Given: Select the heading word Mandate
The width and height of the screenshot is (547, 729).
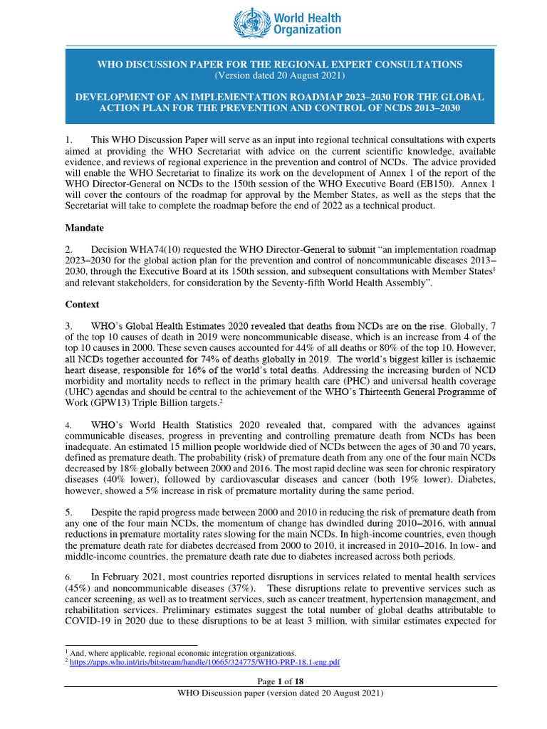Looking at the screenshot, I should pyautogui.click(x=85, y=229).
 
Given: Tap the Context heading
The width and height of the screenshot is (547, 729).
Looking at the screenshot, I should pyautogui.click(x=83, y=304).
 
